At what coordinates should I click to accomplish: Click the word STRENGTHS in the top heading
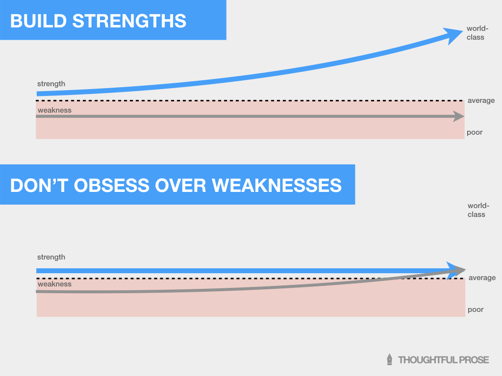click(129, 21)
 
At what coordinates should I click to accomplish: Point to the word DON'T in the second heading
click(38, 186)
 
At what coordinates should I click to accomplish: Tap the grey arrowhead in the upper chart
click(459, 117)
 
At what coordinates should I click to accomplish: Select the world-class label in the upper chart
click(476, 33)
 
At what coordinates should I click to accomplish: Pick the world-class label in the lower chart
click(477, 211)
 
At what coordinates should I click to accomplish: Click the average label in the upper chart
click(481, 100)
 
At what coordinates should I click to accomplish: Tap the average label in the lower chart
click(482, 278)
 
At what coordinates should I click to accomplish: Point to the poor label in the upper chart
click(475, 132)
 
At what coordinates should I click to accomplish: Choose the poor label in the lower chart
click(476, 309)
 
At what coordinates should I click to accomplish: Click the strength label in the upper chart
click(51, 84)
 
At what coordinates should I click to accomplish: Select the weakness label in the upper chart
click(54, 110)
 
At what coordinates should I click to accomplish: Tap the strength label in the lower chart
click(51, 257)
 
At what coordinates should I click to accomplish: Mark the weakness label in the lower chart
click(54, 284)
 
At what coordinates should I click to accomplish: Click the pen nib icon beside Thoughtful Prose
click(390, 359)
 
